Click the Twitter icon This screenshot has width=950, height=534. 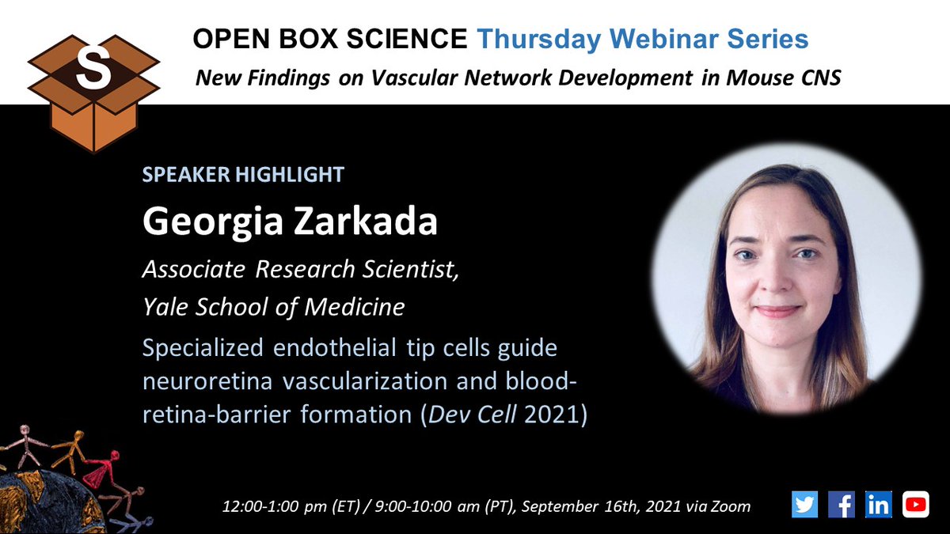coord(804,504)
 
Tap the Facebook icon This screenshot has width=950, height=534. coord(841,504)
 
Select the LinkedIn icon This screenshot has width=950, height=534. coord(878,504)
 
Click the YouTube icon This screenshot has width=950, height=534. coord(915,504)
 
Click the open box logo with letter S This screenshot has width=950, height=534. coord(93,83)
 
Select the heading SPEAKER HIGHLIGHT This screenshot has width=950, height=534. coord(243,175)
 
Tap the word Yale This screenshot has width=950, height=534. coord(164,307)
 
